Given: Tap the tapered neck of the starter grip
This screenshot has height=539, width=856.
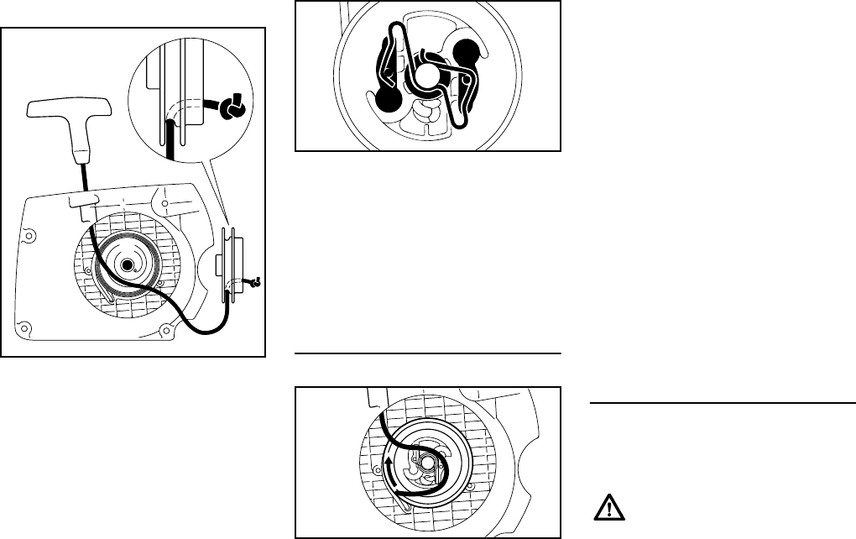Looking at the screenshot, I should [81, 152].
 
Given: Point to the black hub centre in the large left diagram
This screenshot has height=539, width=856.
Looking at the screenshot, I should [127, 265].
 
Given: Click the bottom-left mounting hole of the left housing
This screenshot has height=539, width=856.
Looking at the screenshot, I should [28, 327].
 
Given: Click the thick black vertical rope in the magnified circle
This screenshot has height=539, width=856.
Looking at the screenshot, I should [171, 138].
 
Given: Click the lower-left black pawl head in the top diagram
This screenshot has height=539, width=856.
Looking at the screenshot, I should [387, 100].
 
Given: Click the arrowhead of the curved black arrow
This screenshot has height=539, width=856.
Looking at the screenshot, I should [389, 462].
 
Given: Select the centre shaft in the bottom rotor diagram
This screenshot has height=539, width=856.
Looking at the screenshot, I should [428, 462].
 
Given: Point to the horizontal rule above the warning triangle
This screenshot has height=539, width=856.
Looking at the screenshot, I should [722, 404].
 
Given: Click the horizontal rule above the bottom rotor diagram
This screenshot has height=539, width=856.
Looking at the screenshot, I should [428, 353].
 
